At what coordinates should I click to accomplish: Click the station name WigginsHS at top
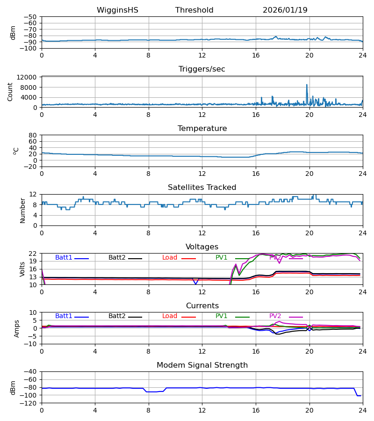(117, 10)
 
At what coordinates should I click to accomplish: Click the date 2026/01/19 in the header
(285, 10)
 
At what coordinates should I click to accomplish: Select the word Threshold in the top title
(194, 10)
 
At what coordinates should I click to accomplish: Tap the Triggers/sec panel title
(202, 69)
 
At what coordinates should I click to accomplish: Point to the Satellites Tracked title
(202, 188)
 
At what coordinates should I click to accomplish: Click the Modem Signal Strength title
(202, 365)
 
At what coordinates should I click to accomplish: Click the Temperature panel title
(202, 129)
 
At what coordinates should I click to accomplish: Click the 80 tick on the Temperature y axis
(33, 135)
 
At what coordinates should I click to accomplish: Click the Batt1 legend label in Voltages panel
(64, 258)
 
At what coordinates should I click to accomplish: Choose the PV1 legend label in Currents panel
(222, 316)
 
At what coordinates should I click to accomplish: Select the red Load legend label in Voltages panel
(170, 258)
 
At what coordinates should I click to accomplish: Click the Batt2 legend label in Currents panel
(117, 316)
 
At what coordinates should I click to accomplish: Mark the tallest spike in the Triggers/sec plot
(307, 85)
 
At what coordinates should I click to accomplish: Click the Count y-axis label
(10, 92)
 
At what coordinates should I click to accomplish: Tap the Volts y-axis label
(22, 269)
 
